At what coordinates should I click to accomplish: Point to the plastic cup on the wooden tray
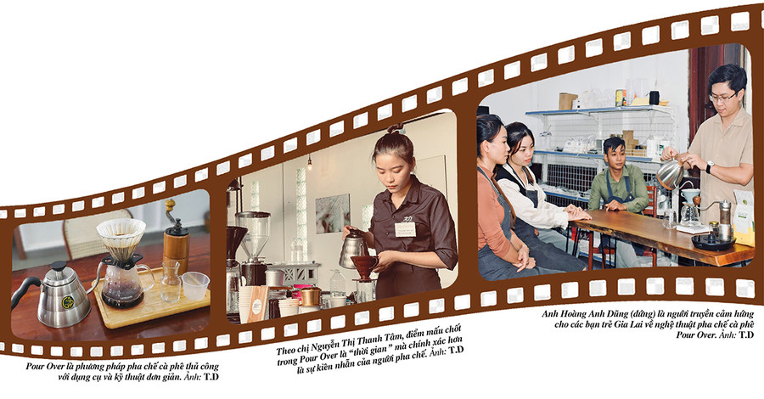click(195, 285)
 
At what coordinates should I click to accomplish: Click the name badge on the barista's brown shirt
click(405, 229)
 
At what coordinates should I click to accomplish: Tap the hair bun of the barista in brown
click(395, 129)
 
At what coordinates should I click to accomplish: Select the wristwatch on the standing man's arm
click(709, 166)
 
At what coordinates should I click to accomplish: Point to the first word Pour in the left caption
click(36, 367)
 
